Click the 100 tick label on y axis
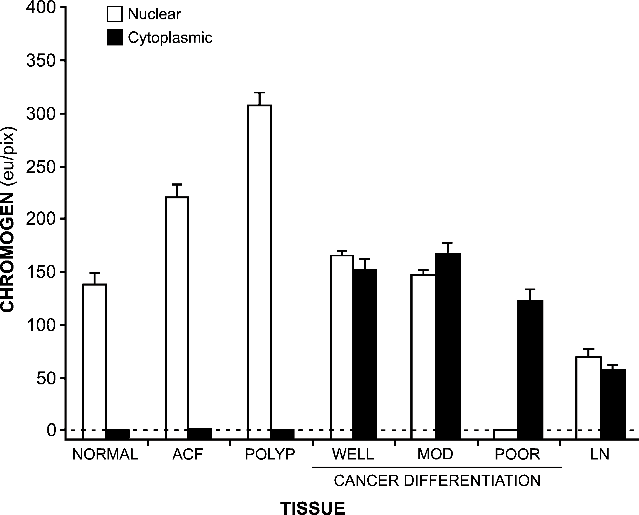coord(41,325)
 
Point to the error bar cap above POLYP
coord(259,93)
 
